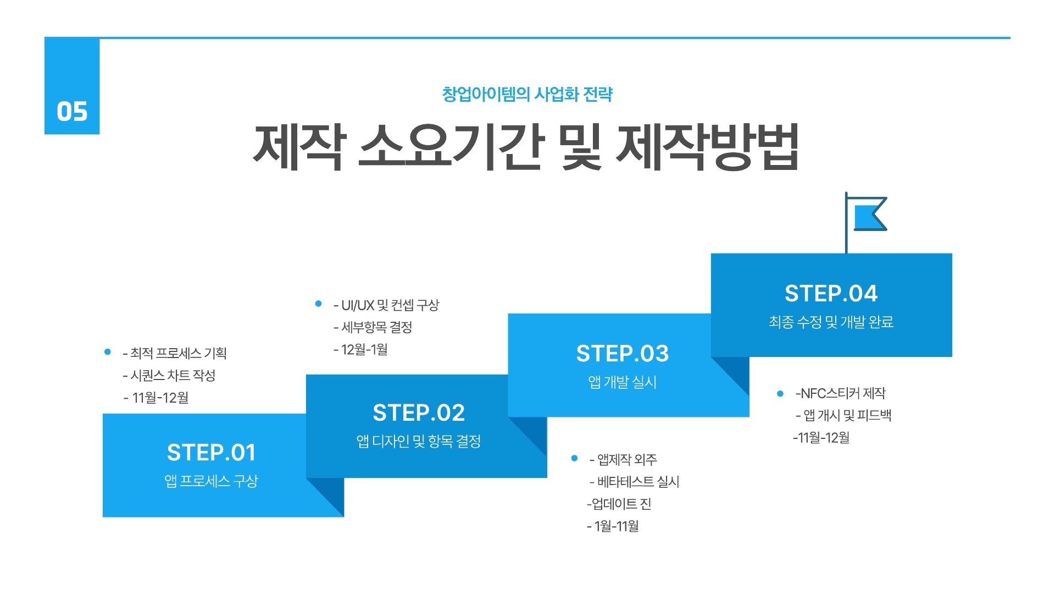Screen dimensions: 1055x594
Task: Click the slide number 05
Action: coord(72,111)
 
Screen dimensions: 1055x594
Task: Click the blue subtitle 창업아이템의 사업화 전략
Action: coord(527,94)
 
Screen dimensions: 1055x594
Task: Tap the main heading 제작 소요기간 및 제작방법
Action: coord(526,146)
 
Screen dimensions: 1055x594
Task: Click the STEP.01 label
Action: coord(212,453)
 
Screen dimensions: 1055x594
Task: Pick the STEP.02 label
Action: coord(419,413)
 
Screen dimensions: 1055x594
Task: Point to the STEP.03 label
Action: coord(623,353)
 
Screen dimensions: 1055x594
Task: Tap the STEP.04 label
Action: coord(831,293)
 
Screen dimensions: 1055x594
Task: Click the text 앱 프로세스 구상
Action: coord(212,481)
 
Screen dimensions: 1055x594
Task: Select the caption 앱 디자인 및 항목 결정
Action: coord(419,441)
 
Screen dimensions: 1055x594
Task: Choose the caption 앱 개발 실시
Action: coord(623,382)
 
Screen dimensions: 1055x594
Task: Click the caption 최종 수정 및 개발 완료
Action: coord(831,322)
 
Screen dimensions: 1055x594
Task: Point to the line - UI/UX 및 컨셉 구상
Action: coord(386,305)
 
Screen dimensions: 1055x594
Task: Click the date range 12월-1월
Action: coord(364,349)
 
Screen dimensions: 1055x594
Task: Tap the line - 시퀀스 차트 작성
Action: coord(169,375)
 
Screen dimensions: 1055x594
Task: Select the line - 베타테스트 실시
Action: coord(635,482)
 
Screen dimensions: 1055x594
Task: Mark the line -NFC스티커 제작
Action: coord(841,393)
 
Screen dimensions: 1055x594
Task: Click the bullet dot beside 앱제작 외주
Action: coord(575,458)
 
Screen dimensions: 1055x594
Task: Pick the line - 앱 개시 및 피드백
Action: coord(843,415)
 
